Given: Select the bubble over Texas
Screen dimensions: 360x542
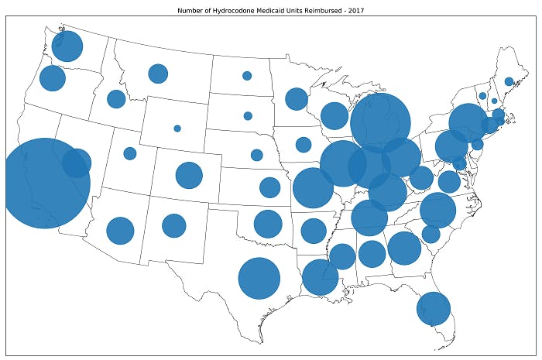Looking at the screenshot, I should point(259,279).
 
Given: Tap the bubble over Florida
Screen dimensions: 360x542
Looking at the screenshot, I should point(434,308).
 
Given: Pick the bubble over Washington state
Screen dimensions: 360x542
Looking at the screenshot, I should point(67,46).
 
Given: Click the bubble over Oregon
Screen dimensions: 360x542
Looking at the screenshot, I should point(53,78).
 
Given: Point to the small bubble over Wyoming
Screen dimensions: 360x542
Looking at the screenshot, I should point(177,129).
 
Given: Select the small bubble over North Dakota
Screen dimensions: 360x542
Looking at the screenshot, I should point(247,76).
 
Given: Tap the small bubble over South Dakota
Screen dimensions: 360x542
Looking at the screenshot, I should point(248,116).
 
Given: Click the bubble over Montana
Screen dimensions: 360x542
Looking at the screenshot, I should point(158,74).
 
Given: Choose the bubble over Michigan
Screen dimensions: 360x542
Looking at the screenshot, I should point(380,123).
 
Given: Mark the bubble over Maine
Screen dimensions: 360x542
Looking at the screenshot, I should point(509,81).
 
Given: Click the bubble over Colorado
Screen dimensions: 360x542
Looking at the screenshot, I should point(189,175).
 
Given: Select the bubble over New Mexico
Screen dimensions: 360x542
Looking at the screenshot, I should point(174,225).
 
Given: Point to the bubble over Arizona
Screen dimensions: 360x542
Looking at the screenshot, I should point(120,230).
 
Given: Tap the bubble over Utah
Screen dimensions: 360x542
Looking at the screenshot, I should point(130,153).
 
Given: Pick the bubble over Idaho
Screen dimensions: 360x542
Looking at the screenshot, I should point(116,99).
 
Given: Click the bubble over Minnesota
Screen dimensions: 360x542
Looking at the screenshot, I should point(297,98).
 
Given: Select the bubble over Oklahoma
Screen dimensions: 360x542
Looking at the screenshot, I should point(268,224).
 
